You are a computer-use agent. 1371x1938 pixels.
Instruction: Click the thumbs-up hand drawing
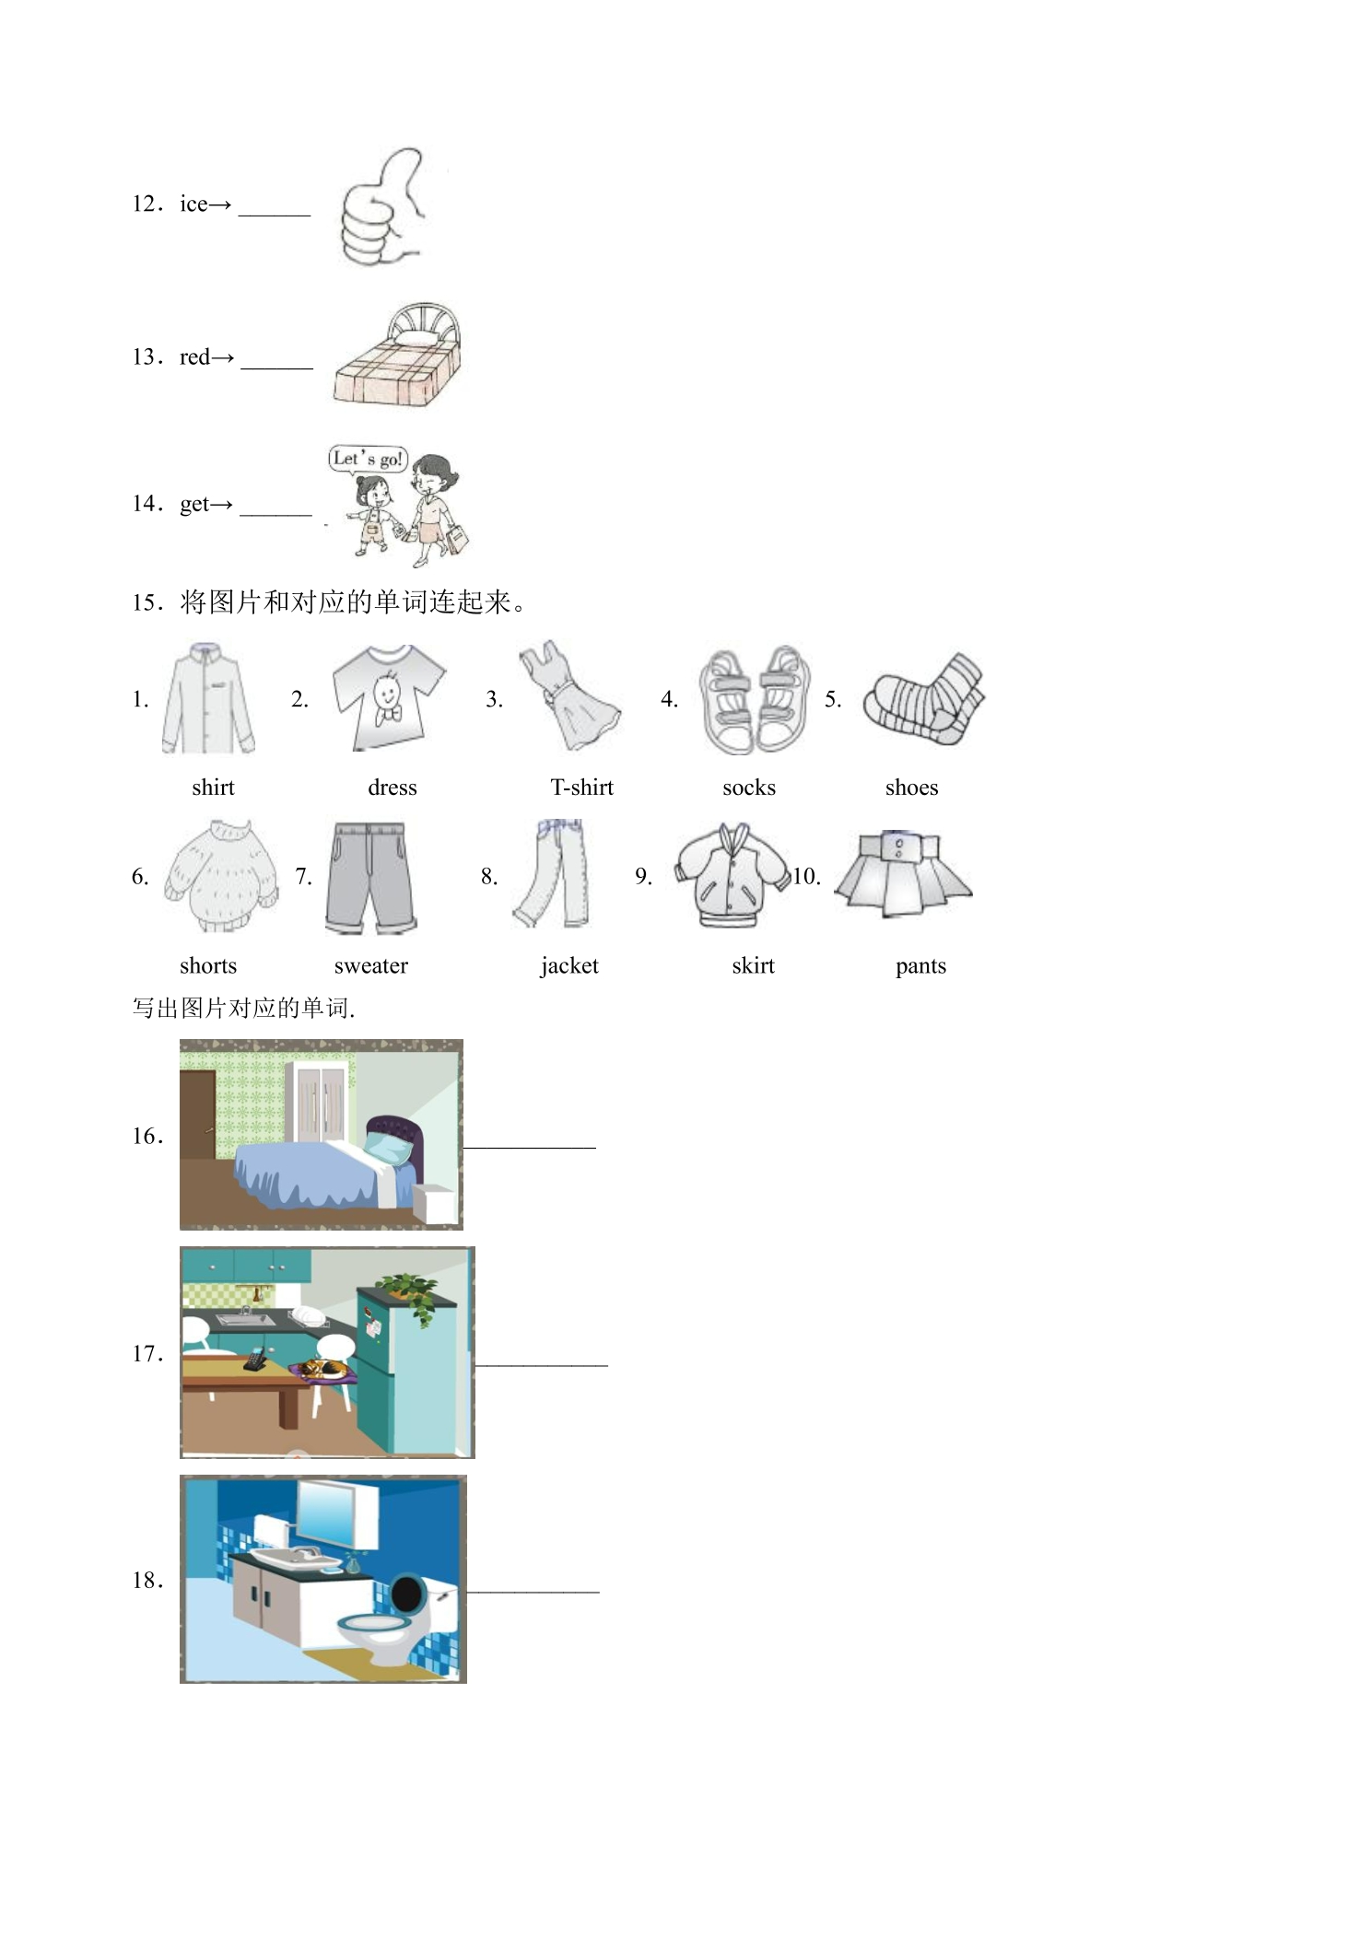pos(380,209)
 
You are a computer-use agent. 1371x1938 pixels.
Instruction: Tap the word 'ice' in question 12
pos(193,204)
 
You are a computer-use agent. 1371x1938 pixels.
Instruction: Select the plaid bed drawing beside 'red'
pos(397,356)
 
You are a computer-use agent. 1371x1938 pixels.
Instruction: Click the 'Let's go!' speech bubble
pos(368,459)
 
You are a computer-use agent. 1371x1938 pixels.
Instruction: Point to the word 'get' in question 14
pos(193,505)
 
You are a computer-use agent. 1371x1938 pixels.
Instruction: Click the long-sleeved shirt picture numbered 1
pos(209,699)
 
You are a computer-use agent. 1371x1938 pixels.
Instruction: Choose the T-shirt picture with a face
pos(389,697)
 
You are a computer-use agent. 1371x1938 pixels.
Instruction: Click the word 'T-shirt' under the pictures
pos(581,788)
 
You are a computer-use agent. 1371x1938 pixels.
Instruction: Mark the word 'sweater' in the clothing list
pos(370,965)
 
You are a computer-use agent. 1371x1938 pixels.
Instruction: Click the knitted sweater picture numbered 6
pos(221,876)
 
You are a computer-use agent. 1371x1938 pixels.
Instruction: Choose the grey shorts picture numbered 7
pos(370,878)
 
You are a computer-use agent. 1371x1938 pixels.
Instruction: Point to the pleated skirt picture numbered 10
pos(903,874)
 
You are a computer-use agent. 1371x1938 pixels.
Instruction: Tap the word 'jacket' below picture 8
pos(568,965)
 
